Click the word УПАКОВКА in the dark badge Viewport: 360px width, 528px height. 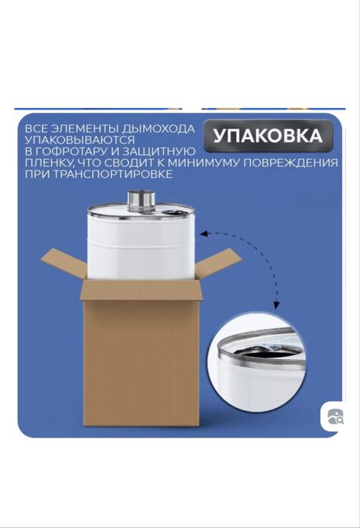pos(268,136)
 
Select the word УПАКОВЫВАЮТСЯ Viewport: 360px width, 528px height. pos(80,140)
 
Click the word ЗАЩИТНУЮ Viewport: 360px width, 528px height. pos(156,151)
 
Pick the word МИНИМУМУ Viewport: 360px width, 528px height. pos(204,163)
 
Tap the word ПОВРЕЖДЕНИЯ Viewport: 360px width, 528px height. pos(291,163)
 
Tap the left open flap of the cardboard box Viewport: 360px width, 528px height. pos(63,265)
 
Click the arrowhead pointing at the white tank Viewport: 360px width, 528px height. pos(204,233)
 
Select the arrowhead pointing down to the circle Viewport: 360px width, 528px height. pos(276,305)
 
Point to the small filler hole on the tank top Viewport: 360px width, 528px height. pos(174,212)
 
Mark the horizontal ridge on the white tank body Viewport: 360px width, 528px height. pos(141,242)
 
